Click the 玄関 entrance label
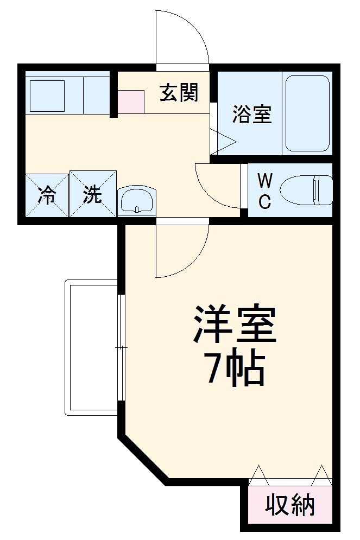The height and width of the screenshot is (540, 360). coord(178,93)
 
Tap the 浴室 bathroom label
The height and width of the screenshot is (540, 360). coord(252,115)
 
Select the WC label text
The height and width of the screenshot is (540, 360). coord(264,190)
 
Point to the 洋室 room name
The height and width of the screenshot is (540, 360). coord(235,325)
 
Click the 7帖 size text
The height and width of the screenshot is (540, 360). coord(235,369)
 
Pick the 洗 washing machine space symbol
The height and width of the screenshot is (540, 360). coord(93,194)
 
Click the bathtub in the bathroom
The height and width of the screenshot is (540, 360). coord(307,113)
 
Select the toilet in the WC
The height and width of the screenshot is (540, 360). coord(307,190)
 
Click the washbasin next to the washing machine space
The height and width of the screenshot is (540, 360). coord(137,201)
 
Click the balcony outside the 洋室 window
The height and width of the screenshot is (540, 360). coord(92,347)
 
